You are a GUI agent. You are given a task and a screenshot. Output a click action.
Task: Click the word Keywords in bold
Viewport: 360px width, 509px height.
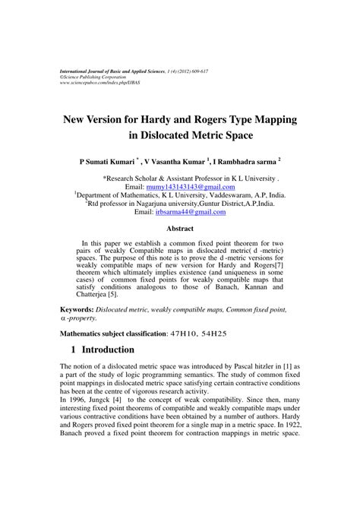(x=77, y=311)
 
